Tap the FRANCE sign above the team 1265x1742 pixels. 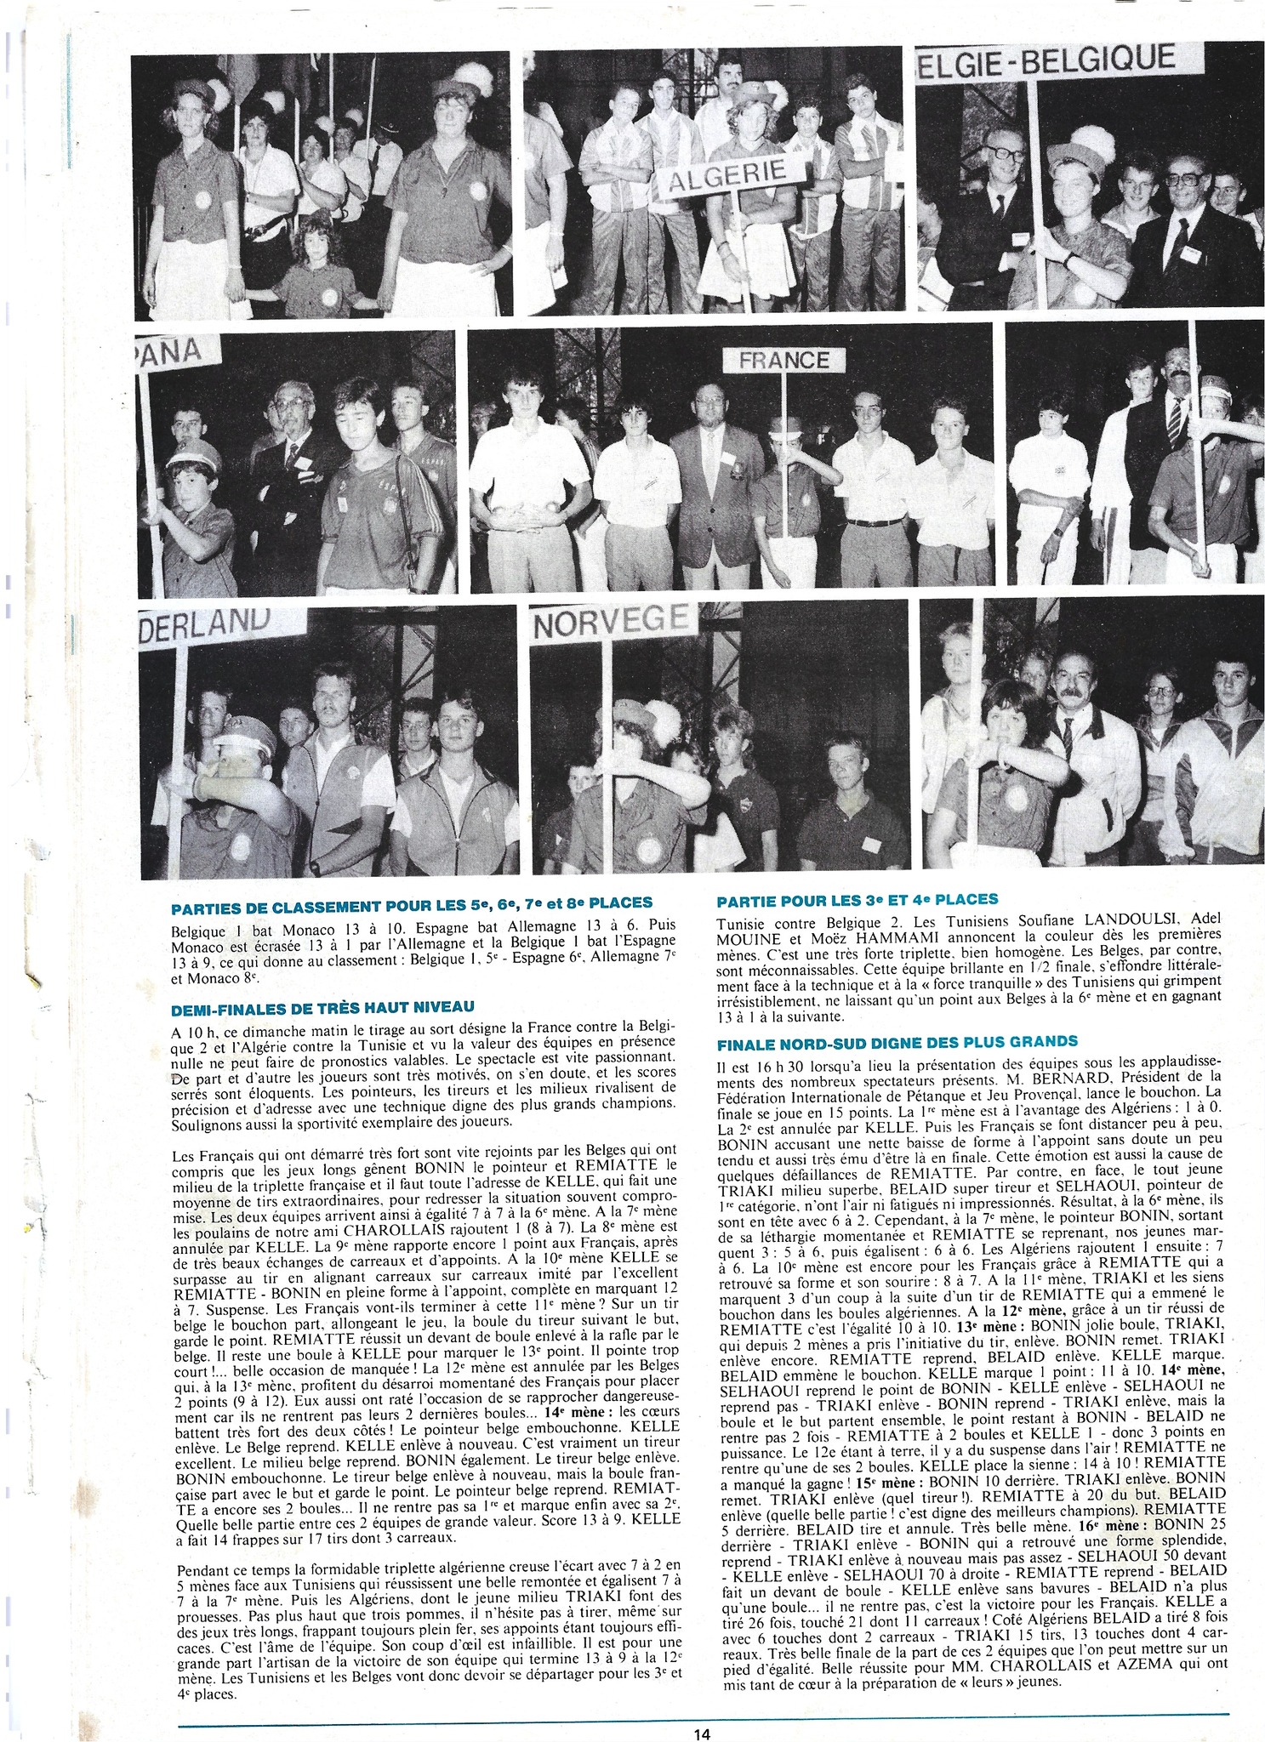784,360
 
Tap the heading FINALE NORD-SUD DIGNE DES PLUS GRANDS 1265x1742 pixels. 886,1041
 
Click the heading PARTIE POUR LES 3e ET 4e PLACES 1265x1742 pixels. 858,899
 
